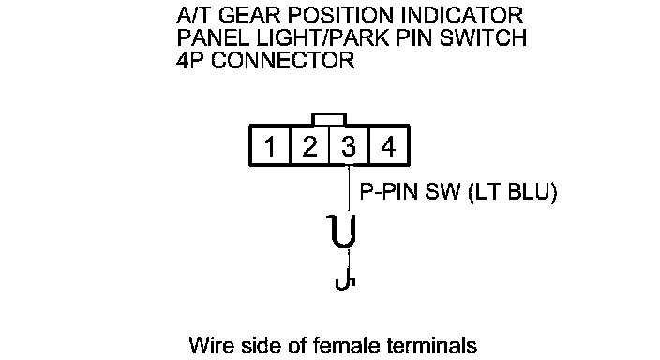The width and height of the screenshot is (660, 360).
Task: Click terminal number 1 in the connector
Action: (x=270, y=145)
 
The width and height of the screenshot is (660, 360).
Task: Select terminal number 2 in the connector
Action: (x=309, y=145)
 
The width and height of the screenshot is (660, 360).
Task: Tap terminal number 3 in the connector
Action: (x=349, y=145)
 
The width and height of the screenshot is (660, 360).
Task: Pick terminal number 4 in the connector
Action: (x=388, y=145)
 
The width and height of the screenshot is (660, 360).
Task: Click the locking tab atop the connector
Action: (x=329, y=119)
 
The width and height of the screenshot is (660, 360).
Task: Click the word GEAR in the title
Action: (x=249, y=16)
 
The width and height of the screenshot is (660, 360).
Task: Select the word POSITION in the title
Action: (x=341, y=16)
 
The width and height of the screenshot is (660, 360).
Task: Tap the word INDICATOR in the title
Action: (x=462, y=16)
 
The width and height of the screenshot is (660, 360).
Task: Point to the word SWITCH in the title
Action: (x=483, y=37)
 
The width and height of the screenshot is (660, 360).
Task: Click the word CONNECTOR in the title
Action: (x=283, y=60)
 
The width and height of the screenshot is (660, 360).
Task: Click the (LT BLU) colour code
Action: (x=513, y=192)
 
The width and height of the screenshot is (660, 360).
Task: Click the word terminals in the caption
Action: (x=432, y=346)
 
